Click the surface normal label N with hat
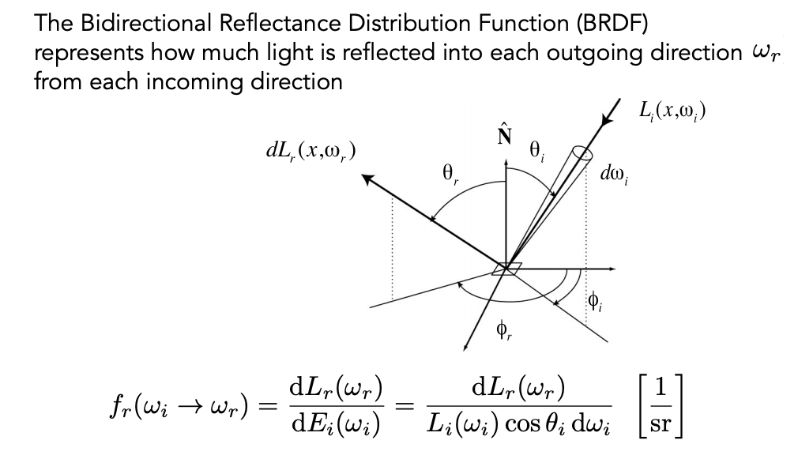[504, 134]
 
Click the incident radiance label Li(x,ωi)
[672, 111]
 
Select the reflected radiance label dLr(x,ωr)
[311, 151]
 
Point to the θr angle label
[450, 174]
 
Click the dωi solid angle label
[614, 175]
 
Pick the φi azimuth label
[595, 302]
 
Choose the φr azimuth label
[504, 331]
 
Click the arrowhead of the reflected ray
[367, 179]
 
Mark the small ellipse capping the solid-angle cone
[582, 154]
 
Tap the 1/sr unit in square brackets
[660, 405]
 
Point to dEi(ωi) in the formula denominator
[336, 424]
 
